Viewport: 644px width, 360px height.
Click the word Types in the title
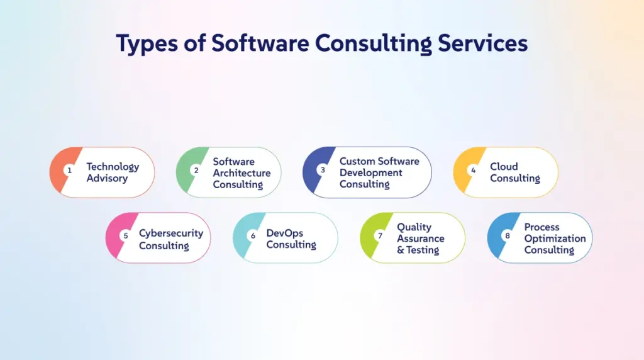click(147, 43)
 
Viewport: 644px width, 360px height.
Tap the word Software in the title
click(260, 42)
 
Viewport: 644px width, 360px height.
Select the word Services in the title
click(482, 43)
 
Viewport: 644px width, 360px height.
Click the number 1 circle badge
click(69, 170)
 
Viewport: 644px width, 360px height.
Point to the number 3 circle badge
click(323, 170)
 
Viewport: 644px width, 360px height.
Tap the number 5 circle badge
click(126, 235)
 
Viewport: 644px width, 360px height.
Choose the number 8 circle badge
click(508, 235)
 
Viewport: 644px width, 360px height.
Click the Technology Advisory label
click(113, 172)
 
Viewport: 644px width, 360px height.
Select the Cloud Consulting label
click(514, 172)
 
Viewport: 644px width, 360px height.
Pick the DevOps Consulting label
click(291, 239)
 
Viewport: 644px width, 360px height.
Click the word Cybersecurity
click(171, 233)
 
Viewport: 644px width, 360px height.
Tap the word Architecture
click(241, 173)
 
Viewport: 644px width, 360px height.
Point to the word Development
click(371, 173)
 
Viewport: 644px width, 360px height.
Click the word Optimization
click(555, 239)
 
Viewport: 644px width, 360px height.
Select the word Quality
click(414, 227)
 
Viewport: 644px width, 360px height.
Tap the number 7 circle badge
click(380, 235)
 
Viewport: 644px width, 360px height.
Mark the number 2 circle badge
click(196, 170)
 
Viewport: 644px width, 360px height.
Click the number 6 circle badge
click(253, 235)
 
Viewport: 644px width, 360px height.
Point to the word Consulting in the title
click(374, 43)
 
